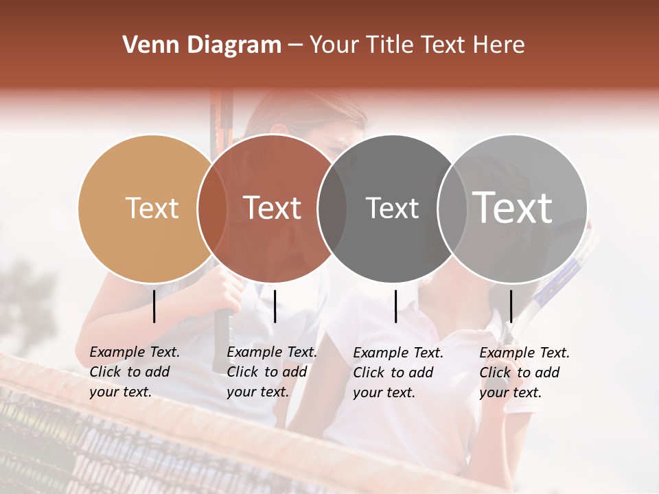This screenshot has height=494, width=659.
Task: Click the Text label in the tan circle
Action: pos(152,208)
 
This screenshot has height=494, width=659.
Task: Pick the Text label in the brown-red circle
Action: pos(273,208)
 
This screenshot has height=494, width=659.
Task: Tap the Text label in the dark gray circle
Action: pos(392,208)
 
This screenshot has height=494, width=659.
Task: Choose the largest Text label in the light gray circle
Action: pos(513,207)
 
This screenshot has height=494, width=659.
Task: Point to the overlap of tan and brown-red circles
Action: pos(212,208)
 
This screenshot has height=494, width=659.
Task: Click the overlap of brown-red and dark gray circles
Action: pos(332,208)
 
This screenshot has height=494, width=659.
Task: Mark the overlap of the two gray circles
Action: pos(452,208)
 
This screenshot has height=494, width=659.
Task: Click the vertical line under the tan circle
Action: pos(154,306)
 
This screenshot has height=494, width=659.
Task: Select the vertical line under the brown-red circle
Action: pos(275,306)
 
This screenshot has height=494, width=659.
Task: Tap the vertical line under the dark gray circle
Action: pos(396,306)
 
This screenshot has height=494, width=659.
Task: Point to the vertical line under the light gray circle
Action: pos(511,306)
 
